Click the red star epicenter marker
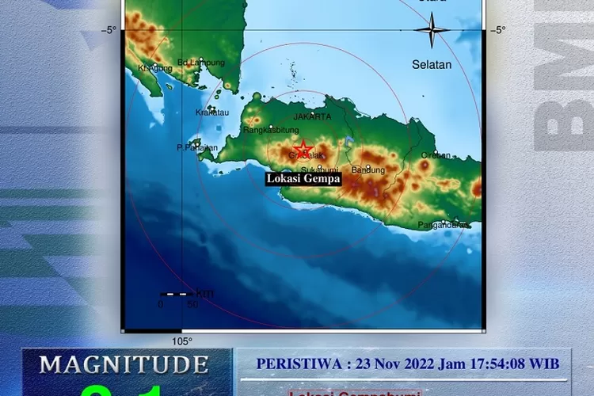(x=303, y=149)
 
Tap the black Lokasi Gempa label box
(x=303, y=179)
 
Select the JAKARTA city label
(x=312, y=116)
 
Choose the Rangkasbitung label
(x=269, y=131)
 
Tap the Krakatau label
(x=211, y=112)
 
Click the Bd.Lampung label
(x=201, y=63)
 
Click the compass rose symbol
(x=432, y=32)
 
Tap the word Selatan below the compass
(x=432, y=64)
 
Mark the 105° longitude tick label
(x=182, y=341)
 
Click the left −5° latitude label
(x=109, y=30)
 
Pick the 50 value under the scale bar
(x=192, y=303)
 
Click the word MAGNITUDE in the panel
(x=124, y=364)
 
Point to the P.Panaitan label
(x=196, y=147)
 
